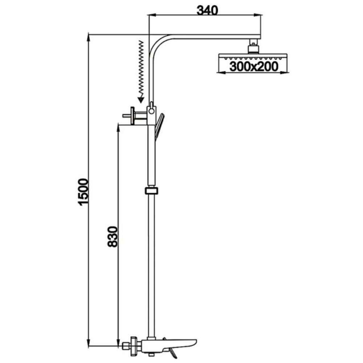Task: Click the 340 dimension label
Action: [207, 10]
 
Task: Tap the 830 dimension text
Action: [113, 236]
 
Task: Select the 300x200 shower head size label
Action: [254, 67]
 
